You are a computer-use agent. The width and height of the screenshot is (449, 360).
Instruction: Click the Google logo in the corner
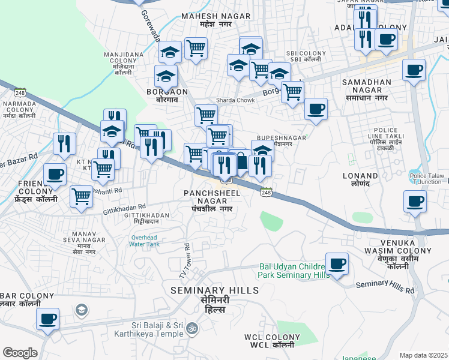pos(20,353)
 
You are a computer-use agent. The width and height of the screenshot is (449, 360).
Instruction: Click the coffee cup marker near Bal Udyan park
pos(337,264)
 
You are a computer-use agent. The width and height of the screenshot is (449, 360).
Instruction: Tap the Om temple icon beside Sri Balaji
pos(193,328)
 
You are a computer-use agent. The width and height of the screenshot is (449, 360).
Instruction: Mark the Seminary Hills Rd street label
pos(385,287)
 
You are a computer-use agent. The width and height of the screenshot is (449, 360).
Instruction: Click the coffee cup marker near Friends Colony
pos(55,174)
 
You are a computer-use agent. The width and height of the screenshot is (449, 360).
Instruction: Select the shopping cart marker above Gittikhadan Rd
pos(81,196)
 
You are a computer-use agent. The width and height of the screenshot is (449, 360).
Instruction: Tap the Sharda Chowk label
pos(232,100)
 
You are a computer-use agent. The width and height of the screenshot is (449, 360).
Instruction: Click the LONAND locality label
pos(360,181)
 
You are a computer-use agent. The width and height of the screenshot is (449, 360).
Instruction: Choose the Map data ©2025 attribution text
pos(423,355)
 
